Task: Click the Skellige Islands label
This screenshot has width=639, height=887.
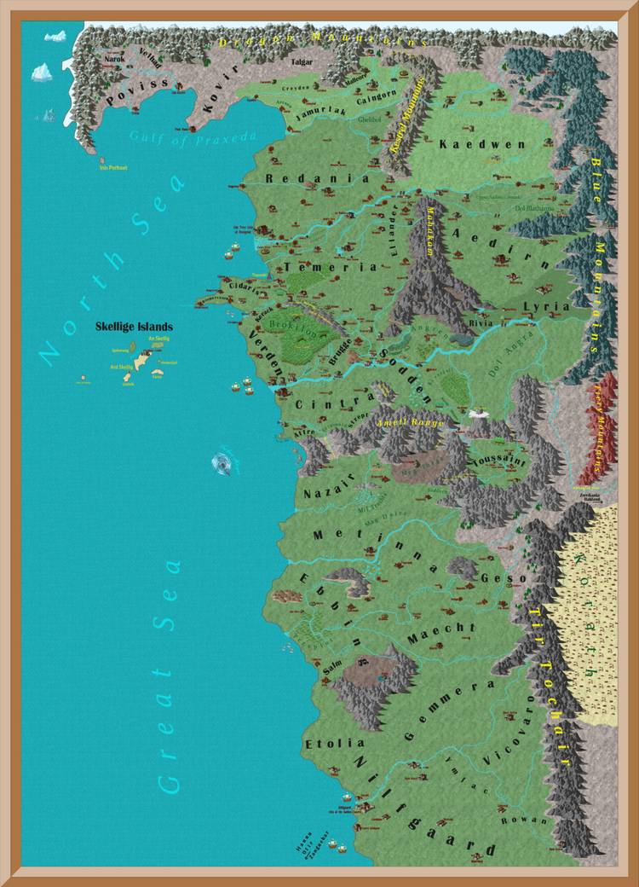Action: pyautogui.click(x=135, y=327)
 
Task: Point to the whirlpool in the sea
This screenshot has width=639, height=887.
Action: pyautogui.click(x=222, y=463)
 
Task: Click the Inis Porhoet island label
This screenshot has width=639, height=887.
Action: pyautogui.click(x=112, y=168)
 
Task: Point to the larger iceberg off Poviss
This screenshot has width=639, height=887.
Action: pyautogui.click(x=42, y=72)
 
